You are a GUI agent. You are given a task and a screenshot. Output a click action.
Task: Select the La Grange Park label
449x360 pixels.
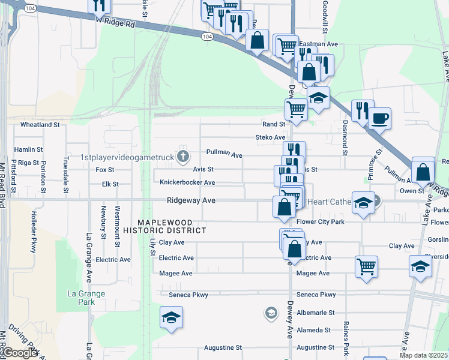coord(86,298)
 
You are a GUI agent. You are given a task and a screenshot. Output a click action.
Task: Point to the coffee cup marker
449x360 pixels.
coord(379,118)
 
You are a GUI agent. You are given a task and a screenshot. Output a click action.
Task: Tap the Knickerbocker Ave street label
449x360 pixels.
coord(187,182)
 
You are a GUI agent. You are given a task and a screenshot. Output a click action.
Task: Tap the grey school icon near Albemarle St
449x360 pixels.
coord(271,313)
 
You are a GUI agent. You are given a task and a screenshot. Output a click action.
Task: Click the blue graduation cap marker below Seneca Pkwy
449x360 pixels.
coord(171,317)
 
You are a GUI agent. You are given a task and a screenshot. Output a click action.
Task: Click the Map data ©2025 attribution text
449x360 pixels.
coord(424,355)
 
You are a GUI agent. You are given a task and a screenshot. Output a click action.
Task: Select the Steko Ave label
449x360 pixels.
coord(270,137)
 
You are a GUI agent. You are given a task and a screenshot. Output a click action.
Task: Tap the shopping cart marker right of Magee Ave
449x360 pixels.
coord(366,266)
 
